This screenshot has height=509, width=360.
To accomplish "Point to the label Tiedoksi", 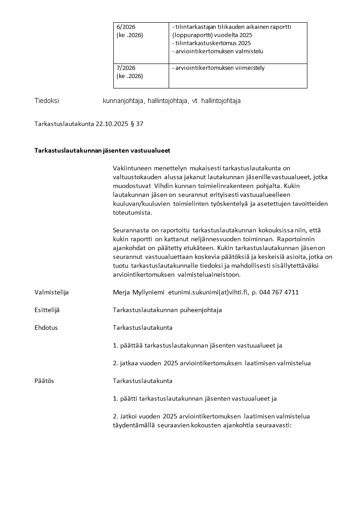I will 47,101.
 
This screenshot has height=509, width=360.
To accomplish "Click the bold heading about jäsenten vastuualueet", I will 102,150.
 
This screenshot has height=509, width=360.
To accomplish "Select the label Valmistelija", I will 52,293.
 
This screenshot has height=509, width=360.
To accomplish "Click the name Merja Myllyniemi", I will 138,293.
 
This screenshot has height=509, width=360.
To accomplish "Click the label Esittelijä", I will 47,310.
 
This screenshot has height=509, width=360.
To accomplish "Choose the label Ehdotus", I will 46,328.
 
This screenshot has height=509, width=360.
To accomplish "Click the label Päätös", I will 44,381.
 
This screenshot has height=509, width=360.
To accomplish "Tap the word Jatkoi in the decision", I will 129,416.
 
